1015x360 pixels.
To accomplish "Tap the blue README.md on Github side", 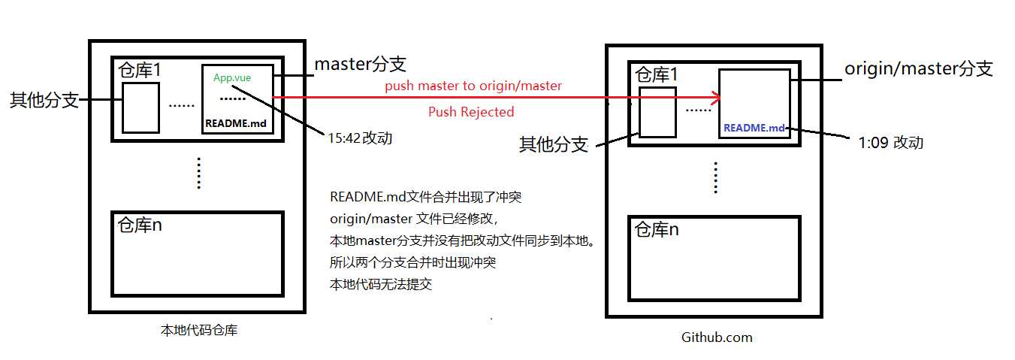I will pos(754,128).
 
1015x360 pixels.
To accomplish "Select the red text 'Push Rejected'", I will pos(471,112).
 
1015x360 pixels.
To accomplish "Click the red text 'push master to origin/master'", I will pos(473,86).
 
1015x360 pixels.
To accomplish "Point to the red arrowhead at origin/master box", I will pos(715,97).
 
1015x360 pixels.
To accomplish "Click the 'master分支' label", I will pos(360,64).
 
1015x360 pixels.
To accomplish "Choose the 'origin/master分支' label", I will pos(919,69).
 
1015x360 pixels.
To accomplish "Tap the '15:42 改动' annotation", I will pos(359,138).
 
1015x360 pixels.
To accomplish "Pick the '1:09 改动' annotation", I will pos(890,143).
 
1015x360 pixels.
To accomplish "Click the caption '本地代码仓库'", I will pos(199,329).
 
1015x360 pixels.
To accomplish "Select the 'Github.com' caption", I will pos(717,337).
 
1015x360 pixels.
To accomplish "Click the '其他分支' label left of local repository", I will pos(44,100).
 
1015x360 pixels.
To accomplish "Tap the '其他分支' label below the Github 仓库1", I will pos(554,144).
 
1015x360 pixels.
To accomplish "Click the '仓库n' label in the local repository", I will pos(140,225).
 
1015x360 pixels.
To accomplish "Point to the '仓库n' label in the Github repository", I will pos(657,229).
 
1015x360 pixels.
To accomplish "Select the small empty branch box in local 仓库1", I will pos(140,107).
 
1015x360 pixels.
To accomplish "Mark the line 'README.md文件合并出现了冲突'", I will pos(425,198).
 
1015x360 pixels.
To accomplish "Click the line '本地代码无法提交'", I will pos(381,285).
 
